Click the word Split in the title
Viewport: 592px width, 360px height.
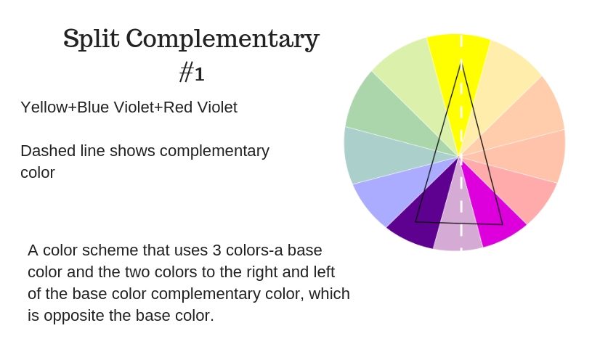pos(91,38)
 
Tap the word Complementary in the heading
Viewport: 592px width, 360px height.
pos(223,39)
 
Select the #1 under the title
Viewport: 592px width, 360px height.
pos(192,72)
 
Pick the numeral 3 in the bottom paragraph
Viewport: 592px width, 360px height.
pos(216,250)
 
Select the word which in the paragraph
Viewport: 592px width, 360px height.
pos(329,293)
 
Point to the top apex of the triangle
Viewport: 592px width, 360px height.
pos(461,63)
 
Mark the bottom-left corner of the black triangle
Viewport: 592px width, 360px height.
pos(415,222)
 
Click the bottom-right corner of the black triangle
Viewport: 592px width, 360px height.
pos(503,224)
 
